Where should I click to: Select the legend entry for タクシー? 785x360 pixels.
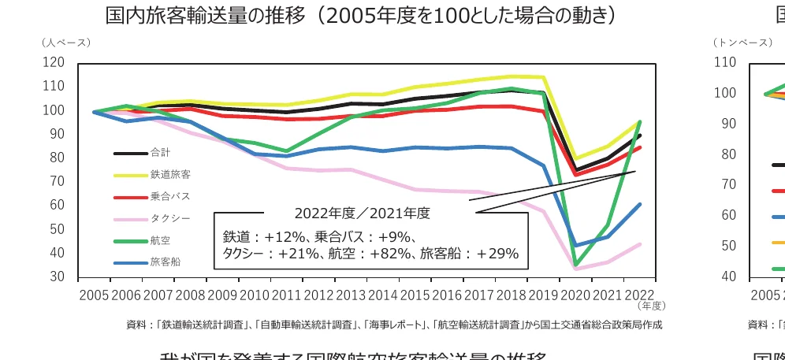[166, 218]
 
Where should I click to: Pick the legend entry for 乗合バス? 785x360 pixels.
[166, 196]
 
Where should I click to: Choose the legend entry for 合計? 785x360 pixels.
[159, 153]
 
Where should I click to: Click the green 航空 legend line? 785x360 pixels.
[130, 240]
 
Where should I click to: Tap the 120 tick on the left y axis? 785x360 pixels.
[54, 62]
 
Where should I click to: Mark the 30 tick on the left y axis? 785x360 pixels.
[57, 276]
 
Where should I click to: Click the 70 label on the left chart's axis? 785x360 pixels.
[57, 181]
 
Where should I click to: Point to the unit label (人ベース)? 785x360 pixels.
[67, 42]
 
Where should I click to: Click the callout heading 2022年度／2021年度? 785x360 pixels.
[362, 213]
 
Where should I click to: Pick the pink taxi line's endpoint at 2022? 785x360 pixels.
[640, 244]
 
